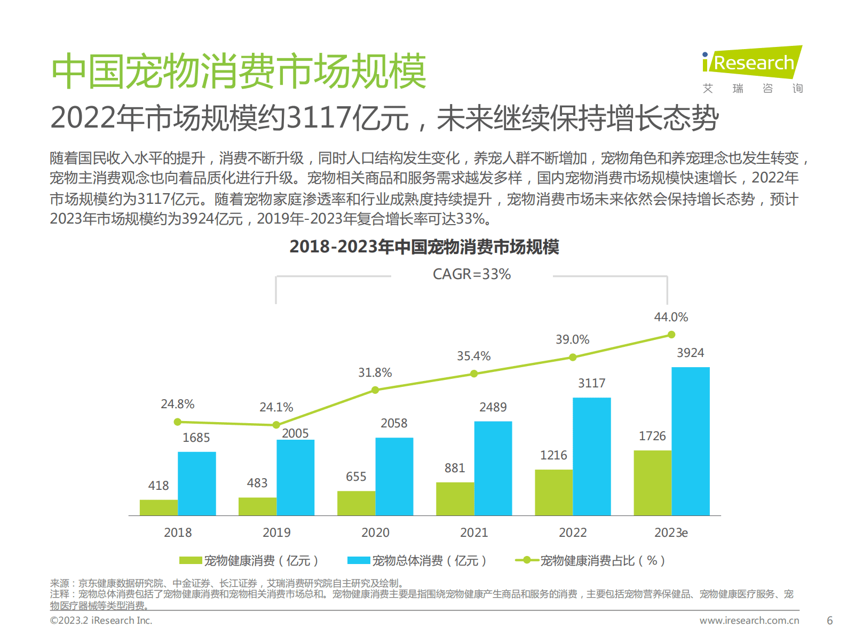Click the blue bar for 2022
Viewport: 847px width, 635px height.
pos(591,456)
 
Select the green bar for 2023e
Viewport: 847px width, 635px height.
pos(652,482)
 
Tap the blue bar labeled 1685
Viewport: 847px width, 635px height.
pos(196,483)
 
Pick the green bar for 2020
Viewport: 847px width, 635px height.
pos(356,503)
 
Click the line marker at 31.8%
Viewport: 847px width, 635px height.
pos(375,390)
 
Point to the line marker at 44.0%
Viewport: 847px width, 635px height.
pos(671,335)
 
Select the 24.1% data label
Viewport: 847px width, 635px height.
pos(276,407)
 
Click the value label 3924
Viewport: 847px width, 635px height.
pos(690,353)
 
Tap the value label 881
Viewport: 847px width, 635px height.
pos(455,468)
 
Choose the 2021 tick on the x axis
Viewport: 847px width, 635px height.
pos(474,533)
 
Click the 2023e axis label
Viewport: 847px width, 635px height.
pos(671,533)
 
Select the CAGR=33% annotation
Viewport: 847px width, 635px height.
pos(472,274)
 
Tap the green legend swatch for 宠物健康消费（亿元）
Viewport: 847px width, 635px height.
pos(191,560)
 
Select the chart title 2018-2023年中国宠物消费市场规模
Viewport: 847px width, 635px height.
pos(424,247)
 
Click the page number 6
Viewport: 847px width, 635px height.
pos(829,621)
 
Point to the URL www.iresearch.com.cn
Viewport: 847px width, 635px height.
pos(749,621)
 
